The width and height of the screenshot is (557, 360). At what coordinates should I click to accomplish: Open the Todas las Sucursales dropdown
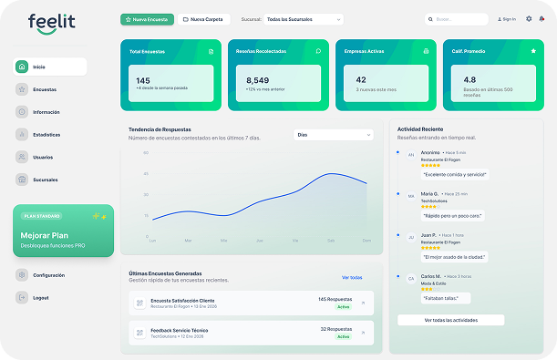292,18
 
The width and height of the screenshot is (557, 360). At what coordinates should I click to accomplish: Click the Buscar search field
456,18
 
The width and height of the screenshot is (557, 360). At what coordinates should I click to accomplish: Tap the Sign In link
506,18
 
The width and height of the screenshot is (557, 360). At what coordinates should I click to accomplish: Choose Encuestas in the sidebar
45,89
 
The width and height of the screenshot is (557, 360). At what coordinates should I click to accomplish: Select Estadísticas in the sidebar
46,135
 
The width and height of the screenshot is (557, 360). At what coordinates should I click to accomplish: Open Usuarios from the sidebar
44,157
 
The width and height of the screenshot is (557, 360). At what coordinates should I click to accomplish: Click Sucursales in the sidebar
46,180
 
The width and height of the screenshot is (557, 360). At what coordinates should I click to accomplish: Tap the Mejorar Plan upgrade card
64,230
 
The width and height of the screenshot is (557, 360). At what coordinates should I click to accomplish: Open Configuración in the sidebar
48,274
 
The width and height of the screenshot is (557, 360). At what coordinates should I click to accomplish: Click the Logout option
40,297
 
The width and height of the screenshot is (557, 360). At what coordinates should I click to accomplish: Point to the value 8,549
258,80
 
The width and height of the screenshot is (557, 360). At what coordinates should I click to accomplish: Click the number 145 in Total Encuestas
143,80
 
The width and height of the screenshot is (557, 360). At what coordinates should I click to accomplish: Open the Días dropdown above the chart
334,134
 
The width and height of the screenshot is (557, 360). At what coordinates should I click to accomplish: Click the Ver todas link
352,277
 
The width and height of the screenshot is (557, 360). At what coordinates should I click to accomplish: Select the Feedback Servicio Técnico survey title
180,329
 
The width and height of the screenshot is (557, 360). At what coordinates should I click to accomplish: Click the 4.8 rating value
469,80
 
